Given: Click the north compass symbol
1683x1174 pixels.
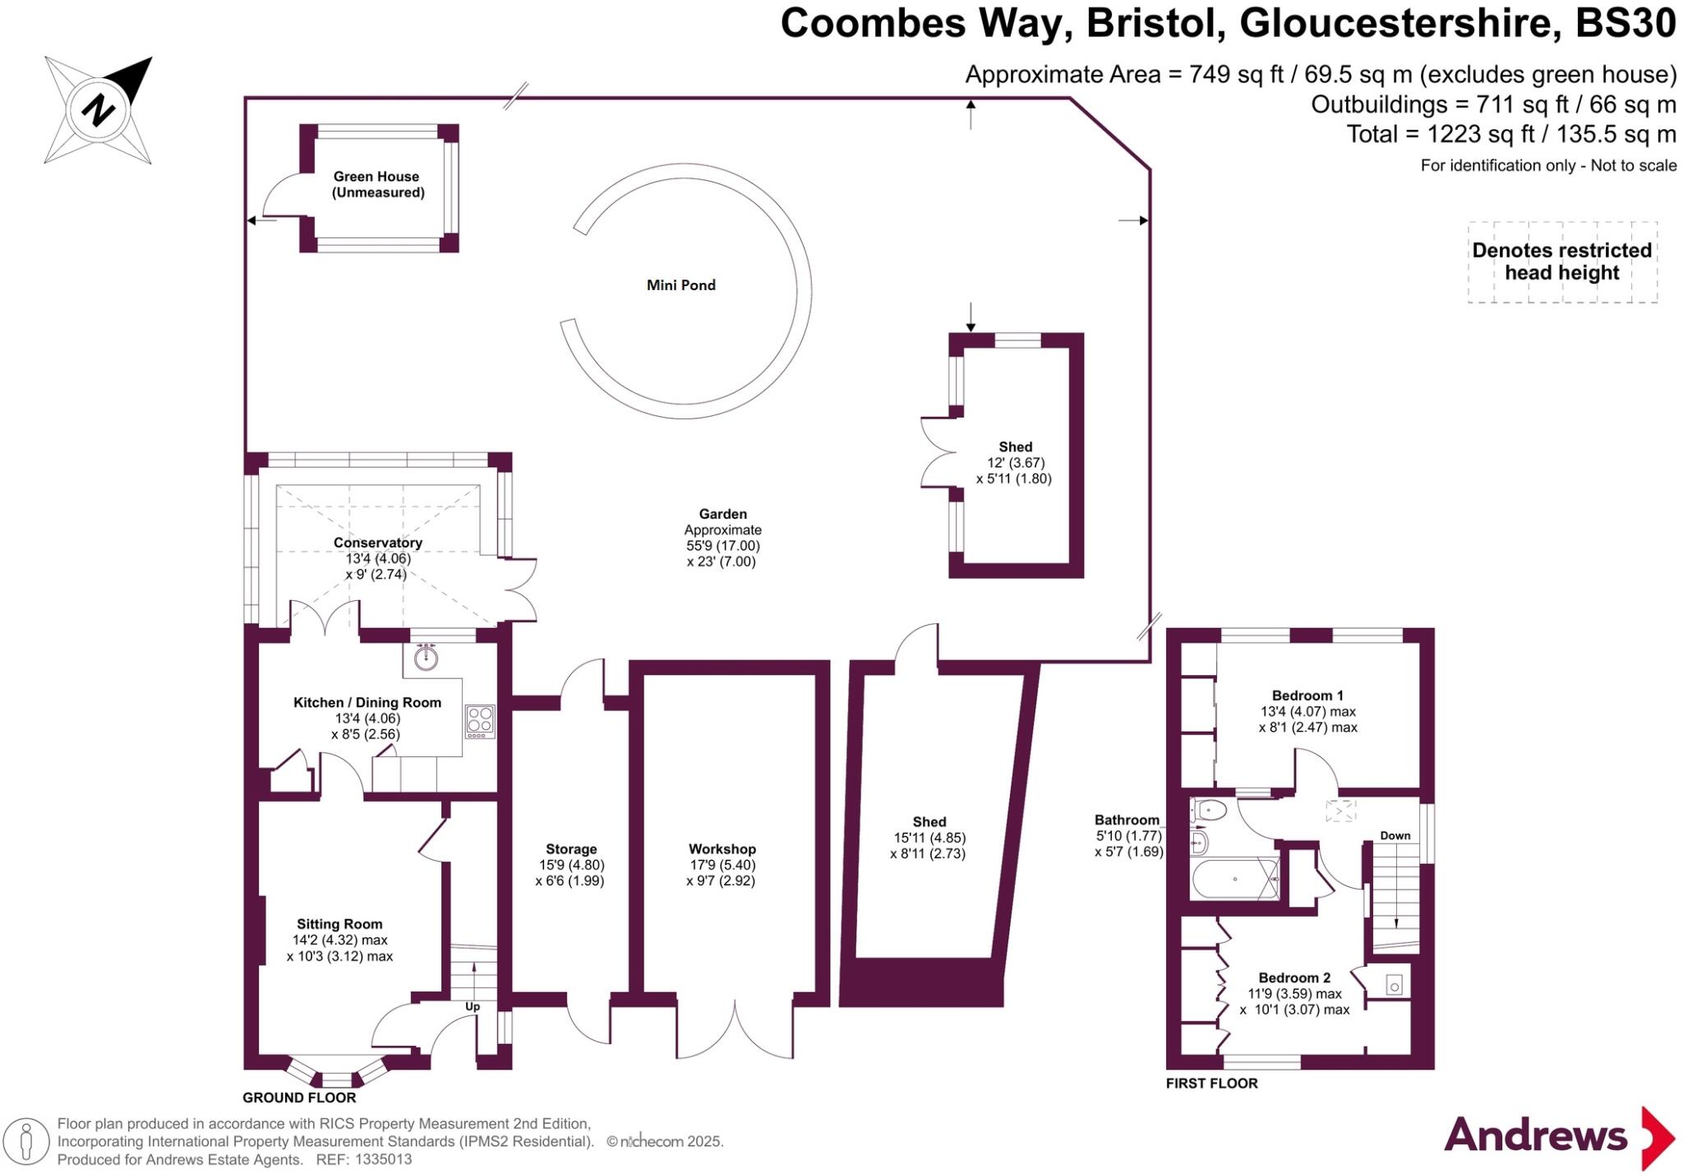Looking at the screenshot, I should click(x=99, y=109).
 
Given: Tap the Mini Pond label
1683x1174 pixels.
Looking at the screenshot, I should click(x=680, y=285).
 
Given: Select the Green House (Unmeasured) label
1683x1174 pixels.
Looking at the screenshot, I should click(x=377, y=184).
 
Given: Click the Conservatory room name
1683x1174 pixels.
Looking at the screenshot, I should click(x=377, y=543).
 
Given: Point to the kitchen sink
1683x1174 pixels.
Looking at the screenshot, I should click(x=426, y=658).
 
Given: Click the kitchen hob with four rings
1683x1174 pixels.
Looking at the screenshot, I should click(x=480, y=720).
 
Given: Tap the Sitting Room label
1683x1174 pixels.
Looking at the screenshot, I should click(x=339, y=924).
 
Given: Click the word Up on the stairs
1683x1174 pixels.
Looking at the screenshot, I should click(x=473, y=1006).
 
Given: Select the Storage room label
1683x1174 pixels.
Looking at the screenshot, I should click(x=571, y=849).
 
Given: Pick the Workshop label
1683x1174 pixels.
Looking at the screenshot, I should click(x=722, y=849).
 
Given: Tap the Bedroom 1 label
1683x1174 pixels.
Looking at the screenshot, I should click(x=1307, y=696).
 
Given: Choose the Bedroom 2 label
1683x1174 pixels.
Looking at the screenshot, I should click(x=1294, y=978).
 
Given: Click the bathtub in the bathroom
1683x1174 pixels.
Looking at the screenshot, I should click(x=1235, y=879).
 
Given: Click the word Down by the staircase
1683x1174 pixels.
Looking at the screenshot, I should click(x=1395, y=835).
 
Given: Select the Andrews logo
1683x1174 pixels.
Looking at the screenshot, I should click(x=1558, y=1136).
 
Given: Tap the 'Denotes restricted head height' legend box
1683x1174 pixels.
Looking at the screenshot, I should click(x=1561, y=261).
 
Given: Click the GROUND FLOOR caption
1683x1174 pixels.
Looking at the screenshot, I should click(x=299, y=1098).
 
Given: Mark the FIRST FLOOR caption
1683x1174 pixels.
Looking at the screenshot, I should click(x=1211, y=1084).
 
